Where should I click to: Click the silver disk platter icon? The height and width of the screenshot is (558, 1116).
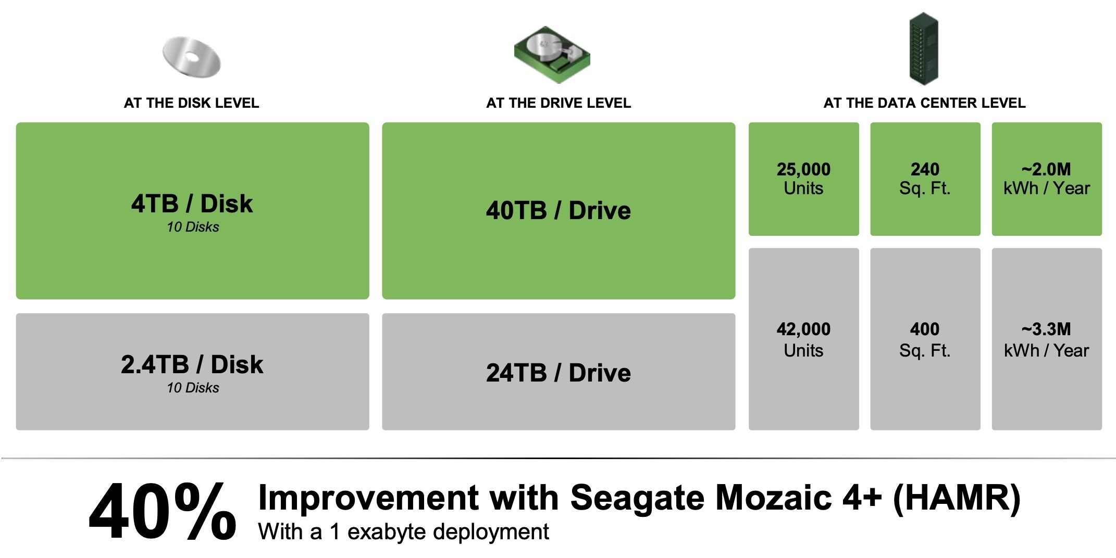(x=192, y=58)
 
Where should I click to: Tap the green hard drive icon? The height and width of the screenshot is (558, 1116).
(x=552, y=55)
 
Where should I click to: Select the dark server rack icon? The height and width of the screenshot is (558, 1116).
(x=924, y=49)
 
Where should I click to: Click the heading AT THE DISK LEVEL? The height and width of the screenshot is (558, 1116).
(x=191, y=103)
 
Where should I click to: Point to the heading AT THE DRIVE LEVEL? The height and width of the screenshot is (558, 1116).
(x=559, y=103)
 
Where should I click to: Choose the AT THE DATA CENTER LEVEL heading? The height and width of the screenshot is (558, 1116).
(x=924, y=103)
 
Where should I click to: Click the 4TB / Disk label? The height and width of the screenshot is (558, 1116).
(x=192, y=204)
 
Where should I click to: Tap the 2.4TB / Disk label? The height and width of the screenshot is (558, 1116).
(x=192, y=364)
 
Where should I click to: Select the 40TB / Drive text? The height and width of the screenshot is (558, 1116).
(x=559, y=211)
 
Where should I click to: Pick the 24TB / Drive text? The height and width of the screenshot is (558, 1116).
(x=559, y=373)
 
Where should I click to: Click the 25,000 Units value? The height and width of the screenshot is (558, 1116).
(x=803, y=179)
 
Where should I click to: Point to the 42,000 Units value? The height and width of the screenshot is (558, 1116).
(x=803, y=339)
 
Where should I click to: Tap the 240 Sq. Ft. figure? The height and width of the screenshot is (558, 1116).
(x=925, y=179)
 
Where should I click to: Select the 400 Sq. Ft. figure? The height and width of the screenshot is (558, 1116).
(x=925, y=339)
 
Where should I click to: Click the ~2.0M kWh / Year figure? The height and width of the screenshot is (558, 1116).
(x=1046, y=179)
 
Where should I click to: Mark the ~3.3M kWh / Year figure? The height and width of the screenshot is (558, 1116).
(x=1046, y=339)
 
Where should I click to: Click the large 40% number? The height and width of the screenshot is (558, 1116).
(x=163, y=512)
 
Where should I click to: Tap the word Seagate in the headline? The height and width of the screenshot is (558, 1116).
(x=638, y=498)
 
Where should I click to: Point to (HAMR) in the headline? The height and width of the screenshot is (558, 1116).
(x=957, y=498)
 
